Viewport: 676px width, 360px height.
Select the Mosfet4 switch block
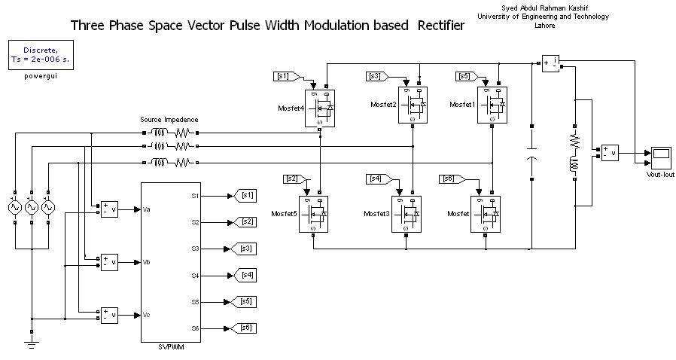(320, 108)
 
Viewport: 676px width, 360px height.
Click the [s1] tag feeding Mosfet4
(286, 76)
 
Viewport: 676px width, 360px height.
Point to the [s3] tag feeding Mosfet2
(378, 76)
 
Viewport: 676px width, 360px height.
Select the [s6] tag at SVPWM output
(246, 328)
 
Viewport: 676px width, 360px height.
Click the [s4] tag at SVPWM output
(246, 275)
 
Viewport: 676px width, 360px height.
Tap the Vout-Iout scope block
(662, 157)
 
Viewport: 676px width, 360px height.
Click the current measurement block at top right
(550, 63)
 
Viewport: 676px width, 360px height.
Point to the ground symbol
(31, 343)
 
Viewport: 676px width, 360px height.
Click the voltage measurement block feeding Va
(110, 209)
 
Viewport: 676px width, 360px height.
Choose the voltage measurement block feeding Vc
(110, 314)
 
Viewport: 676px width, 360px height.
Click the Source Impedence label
(169, 119)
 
